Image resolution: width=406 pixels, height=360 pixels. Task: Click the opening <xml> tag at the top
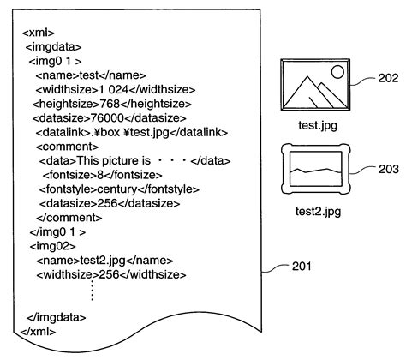tap(37, 33)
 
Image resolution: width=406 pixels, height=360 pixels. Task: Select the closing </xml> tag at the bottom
tap(39, 331)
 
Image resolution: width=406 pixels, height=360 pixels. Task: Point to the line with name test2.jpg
tap(104, 260)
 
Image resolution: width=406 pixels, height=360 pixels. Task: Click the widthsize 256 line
tap(111, 274)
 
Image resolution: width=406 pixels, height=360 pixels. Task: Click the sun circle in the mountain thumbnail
tap(337, 71)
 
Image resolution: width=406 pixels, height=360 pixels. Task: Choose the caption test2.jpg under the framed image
tap(318, 211)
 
